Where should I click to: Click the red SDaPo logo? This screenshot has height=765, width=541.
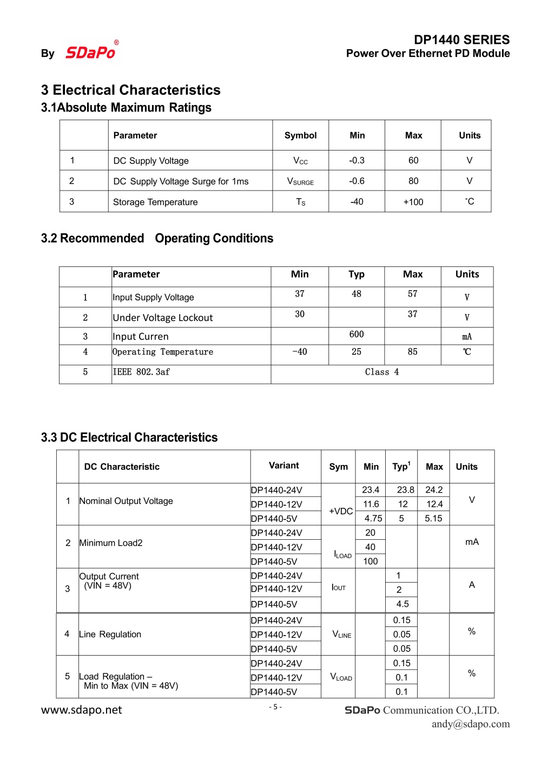(90, 52)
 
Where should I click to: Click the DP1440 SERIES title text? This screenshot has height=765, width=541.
(461, 40)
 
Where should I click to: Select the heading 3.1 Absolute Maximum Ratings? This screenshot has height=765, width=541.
(126, 108)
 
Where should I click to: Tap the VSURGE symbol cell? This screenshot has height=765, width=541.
(300, 181)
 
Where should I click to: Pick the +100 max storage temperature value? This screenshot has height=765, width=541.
(413, 202)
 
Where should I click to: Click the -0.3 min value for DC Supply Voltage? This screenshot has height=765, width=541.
(357, 160)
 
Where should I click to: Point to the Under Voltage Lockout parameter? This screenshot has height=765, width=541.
(162, 318)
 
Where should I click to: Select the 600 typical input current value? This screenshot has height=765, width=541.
(357, 334)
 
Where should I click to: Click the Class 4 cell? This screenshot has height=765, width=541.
(382, 372)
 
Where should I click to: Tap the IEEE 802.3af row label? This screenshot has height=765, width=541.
(141, 372)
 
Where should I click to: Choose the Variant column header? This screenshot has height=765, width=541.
(284, 466)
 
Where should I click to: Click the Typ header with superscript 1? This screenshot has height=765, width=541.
(401, 466)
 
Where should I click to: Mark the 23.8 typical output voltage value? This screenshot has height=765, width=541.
(405, 490)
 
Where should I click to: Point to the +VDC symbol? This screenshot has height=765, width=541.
(341, 511)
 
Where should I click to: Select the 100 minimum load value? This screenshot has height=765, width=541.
(371, 561)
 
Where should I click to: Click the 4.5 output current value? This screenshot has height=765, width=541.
(403, 604)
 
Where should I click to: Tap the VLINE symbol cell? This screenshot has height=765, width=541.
(342, 635)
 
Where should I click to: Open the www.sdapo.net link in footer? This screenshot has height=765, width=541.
(82, 710)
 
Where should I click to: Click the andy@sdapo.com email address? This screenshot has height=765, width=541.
(471, 724)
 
